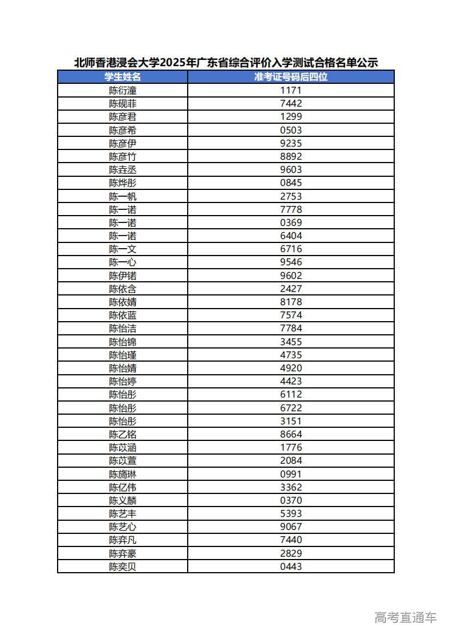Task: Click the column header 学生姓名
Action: click(x=123, y=77)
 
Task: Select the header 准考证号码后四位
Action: click(x=291, y=77)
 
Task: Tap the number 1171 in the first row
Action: click(x=291, y=90)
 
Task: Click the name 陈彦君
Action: click(x=123, y=117)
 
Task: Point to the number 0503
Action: click(x=291, y=130)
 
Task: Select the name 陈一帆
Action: click(x=123, y=196)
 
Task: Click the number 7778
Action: click(x=291, y=209)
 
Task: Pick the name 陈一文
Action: click(x=123, y=249)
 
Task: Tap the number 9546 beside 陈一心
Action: click(x=291, y=262)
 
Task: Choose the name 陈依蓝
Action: click(x=123, y=315)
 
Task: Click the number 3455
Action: click(x=291, y=342)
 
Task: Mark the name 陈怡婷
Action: click(x=123, y=382)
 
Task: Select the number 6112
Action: click(x=291, y=395)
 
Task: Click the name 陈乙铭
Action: click(x=123, y=435)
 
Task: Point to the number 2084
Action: click(x=291, y=461)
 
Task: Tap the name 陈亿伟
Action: click(x=123, y=488)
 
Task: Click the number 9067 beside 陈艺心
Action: click(x=291, y=527)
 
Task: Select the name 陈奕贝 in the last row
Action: click(x=123, y=567)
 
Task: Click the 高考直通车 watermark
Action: click(x=406, y=617)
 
